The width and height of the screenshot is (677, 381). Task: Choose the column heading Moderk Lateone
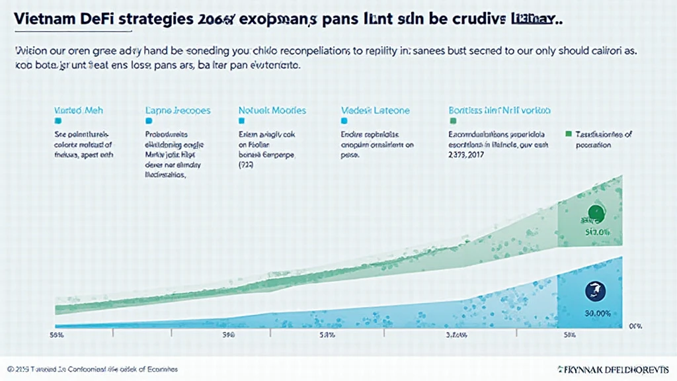375,110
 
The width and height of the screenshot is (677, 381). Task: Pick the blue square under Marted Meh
58,122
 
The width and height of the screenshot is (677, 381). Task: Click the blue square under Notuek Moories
241,122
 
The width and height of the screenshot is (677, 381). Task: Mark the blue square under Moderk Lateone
344,122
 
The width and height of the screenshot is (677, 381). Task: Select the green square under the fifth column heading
453,122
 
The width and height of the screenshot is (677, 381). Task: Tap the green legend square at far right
568,134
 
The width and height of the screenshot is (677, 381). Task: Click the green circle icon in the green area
596,213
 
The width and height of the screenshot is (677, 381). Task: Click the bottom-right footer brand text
605,368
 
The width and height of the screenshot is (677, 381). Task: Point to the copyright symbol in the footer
10,368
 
